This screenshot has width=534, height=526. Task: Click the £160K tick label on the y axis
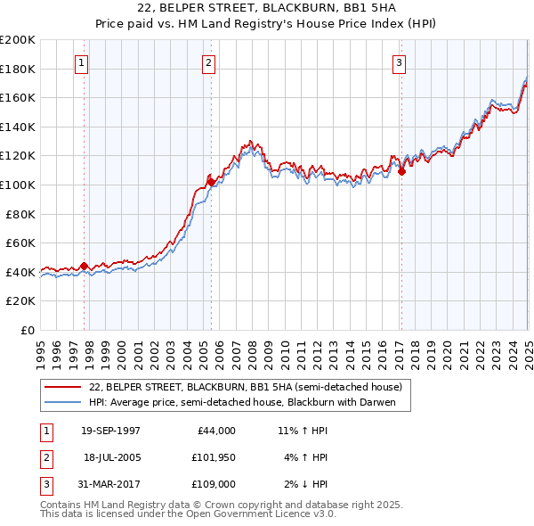click(x=18, y=97)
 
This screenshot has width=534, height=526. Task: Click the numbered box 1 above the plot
click(x=81, y=63)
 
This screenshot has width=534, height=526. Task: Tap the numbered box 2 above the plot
click(x=208, y=63)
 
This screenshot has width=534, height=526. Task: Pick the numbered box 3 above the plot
click(x=400, y=63)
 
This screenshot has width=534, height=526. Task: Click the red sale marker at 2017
click(x=401, y=172)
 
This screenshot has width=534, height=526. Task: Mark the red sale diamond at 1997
click(x=85, y=266)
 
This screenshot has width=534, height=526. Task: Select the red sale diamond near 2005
click(x=211, y=182)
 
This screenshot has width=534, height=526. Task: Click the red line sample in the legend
click(x=63, y=387)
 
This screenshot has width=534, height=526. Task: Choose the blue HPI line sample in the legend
click(x=63, y=403)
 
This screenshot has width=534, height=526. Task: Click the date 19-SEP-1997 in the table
click(x=110, y=430)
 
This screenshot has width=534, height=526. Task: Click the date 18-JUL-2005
click(x=113, y=457)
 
